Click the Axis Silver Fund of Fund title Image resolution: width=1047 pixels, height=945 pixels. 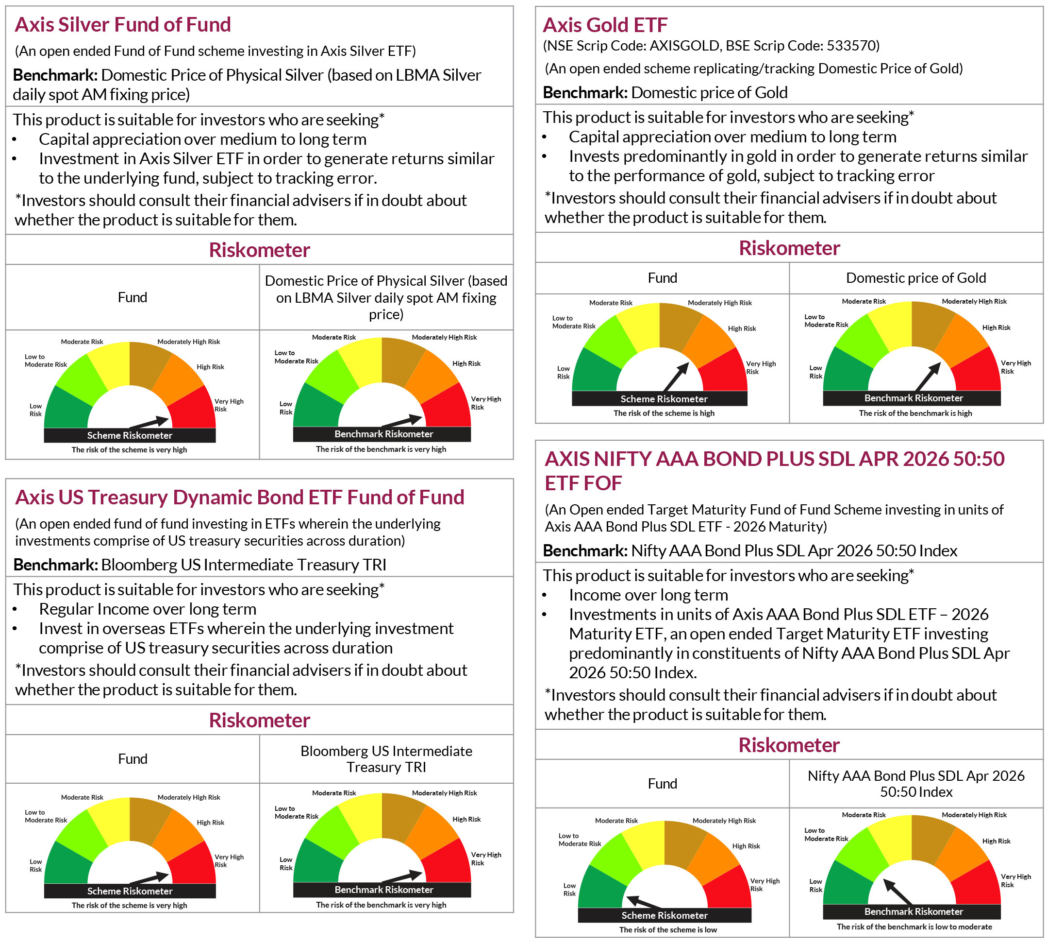point(122,24)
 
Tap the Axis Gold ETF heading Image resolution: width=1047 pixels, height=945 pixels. point(605,25)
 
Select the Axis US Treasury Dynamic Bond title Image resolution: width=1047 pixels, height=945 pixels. point(239,497)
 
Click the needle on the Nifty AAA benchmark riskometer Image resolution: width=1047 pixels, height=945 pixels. point(897,892)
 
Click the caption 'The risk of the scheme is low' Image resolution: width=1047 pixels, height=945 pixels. point(668,929)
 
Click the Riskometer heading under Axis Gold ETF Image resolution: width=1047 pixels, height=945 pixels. point(789,248)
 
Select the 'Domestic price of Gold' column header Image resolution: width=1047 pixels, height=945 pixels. point(916,278)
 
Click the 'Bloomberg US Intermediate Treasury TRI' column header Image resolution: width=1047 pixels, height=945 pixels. point(386,758)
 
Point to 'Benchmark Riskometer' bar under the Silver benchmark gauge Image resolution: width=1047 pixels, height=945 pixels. point(383,434)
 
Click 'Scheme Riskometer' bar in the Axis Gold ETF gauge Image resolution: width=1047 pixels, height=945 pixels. point(664,399)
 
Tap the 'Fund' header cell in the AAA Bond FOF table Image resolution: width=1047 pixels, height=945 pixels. point(662,783)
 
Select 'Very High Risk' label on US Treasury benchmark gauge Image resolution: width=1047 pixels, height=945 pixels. point(485,859)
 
